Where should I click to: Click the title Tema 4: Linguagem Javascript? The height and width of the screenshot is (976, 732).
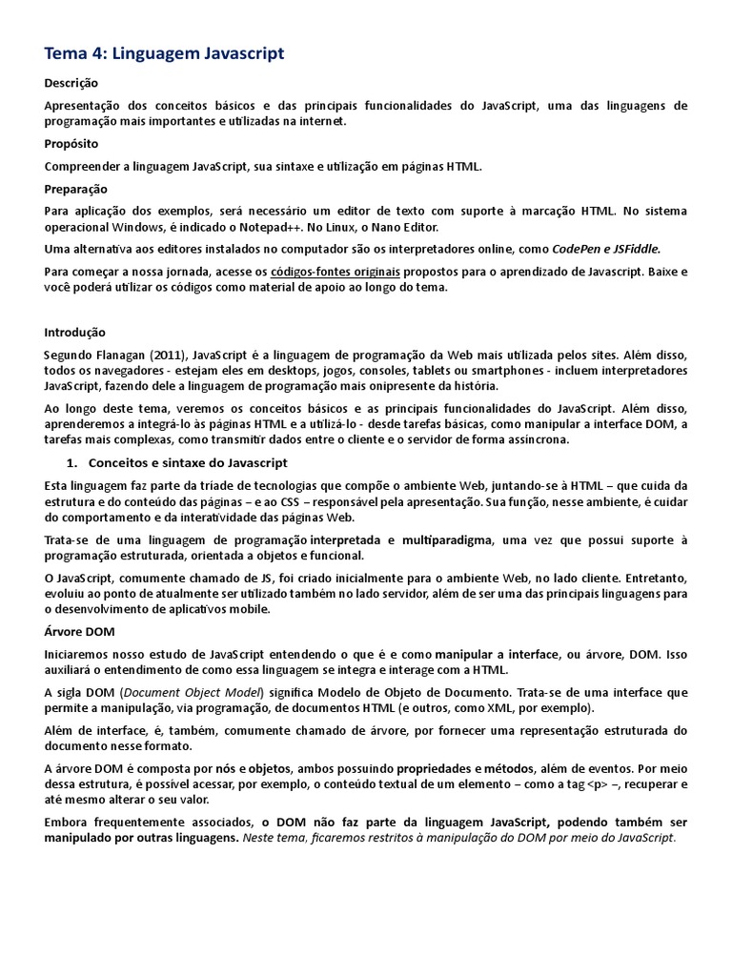(165, 53)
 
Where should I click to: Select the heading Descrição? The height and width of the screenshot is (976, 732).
(71, 83)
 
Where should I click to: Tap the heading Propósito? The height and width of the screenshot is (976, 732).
(71, 144)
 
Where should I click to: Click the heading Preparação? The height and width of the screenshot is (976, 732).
(76, 189)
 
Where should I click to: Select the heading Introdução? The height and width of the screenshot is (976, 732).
(75, 333)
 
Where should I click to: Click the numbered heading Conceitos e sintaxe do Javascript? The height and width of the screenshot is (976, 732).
(188, 462)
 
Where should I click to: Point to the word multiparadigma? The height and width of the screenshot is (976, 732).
(447, 540)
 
